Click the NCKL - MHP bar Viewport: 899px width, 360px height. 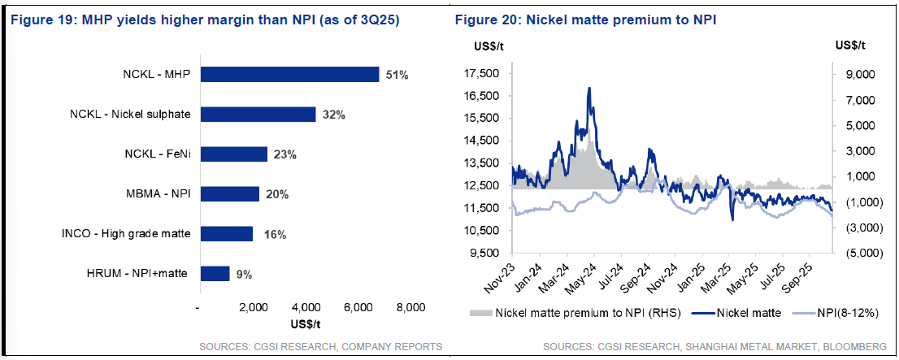(x=289, y=74)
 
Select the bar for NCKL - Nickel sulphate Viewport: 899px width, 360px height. (x=258, y=115)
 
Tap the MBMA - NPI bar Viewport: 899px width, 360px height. (x=229, y=194)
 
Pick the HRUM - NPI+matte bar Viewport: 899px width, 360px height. (x=215, y=274)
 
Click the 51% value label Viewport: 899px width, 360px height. (x=397, y=75)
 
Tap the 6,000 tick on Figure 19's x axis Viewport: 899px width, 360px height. (x=358, y=308)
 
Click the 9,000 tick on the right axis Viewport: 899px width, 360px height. (x=858, y=74)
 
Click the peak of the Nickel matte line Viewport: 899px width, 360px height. (x=588, y=88)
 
